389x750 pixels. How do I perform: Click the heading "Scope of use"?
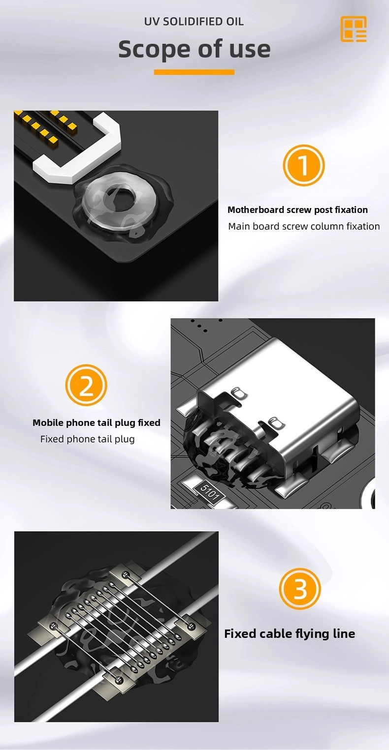click(x=194, y=49)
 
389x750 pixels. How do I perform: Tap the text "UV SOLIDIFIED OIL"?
click(x=194, y=22)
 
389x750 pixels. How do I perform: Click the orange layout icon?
click(x=354, y=29)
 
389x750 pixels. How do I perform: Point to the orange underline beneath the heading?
click(x=194, y=72)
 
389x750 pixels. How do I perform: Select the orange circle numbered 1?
click(x=304, y=165)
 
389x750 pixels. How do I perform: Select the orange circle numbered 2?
click(x=86, y=386)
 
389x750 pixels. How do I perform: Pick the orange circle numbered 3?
click(x=300, y=589)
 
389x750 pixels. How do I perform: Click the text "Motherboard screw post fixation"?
click(x=297, y=210)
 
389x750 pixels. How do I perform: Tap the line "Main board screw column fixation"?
click(x=304, y=226)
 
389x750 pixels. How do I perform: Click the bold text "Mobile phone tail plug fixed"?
click(x=97, y=422)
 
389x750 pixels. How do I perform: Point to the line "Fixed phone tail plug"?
click(x=88, y=439)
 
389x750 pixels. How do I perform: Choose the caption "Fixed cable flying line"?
click(x=290, y=633)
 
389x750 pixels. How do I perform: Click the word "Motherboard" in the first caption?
click(x=256, y=210)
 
